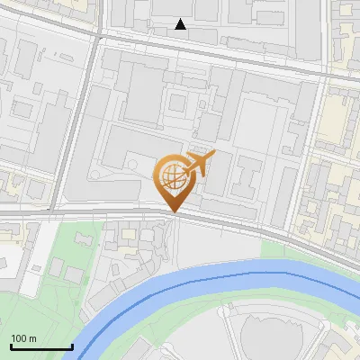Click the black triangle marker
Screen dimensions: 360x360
pyautogui.click(x=181, y=24)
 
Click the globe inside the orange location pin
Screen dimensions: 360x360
pyautogui.click(x=173, y=176)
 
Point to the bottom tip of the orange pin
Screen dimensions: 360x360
pyautogui.click(x=174, y=211)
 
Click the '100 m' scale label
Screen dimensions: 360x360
pyautogui.click(x=23, y=337)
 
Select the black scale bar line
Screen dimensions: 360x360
pyautogui.click(x=40, y=346)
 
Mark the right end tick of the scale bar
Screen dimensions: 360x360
pyautogui.click(x=71, y=345)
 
